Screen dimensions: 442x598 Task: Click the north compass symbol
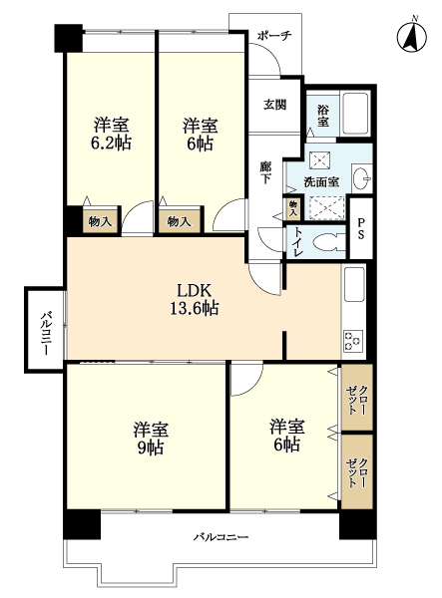411,36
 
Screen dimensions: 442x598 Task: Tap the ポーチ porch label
274,36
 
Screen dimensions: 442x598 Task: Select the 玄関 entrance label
274,105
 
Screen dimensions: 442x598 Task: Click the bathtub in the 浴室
356,113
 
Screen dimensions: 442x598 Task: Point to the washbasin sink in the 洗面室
361,178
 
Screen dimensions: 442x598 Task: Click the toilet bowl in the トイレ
328,241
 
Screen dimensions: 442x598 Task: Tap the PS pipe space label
360,228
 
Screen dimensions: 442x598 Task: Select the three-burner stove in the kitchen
353,341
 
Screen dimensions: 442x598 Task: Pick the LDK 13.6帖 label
195,299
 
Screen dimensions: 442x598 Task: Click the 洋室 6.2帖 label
111,134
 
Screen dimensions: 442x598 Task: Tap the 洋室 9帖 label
151,439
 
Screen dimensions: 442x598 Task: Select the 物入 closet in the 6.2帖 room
101,221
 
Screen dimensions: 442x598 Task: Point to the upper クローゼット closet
357,398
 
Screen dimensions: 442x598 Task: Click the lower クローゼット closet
357,471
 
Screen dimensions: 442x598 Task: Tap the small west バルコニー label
46,333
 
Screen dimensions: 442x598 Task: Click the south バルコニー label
221,537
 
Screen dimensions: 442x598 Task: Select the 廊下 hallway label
265,172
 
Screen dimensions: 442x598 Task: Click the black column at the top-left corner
69,38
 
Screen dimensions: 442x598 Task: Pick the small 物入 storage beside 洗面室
292,208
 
